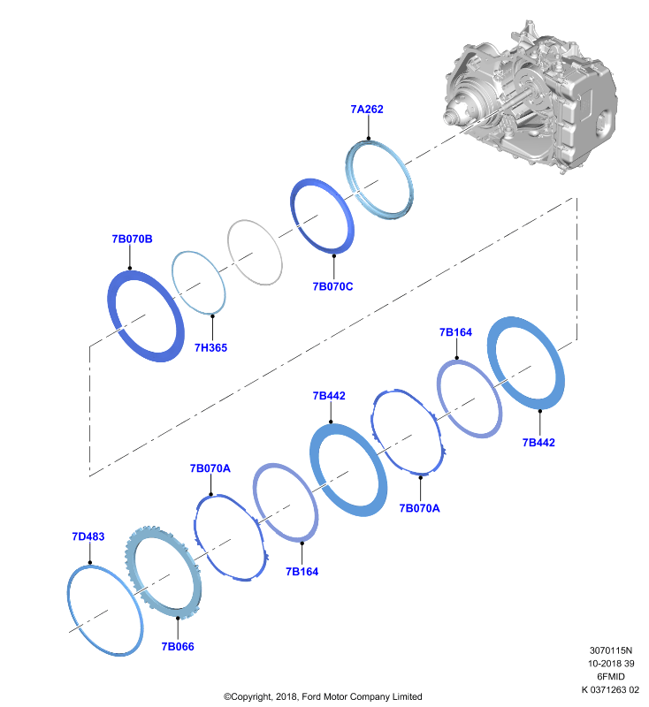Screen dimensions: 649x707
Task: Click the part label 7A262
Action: (x=367, y=109)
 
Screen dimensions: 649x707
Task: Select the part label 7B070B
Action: (x=132, y=239)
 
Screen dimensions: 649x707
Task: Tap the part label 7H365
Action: (x=210, y=347)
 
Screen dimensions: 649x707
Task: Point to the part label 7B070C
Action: (x=332, y=286)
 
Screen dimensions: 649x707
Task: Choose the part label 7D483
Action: (x=88, y=536)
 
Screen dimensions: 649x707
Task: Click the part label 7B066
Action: (x=178, y=647)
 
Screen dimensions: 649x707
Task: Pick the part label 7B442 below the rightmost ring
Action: (x=538, y=443)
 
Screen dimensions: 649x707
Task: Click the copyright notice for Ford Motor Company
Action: (x=323, y=696)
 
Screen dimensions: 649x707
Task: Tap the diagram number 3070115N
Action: (x=611, y=650)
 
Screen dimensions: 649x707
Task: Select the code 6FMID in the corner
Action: (x=611, y=676)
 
